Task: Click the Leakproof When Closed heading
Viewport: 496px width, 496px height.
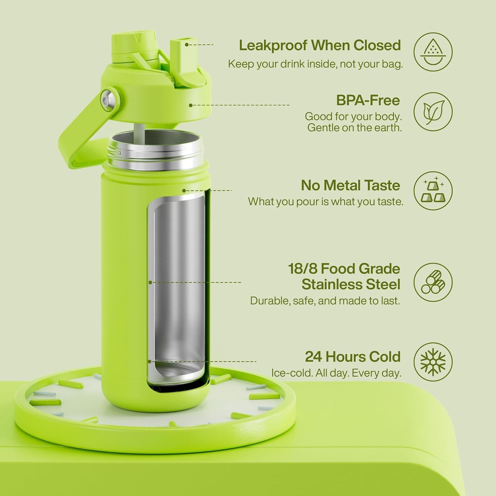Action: coord(320,46)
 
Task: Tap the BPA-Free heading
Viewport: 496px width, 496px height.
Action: coord(368,100)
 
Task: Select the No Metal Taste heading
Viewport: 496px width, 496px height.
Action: coord(350,185)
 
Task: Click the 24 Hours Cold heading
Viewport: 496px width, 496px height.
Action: coord(353,357)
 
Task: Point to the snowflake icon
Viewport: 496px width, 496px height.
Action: coord(433,362)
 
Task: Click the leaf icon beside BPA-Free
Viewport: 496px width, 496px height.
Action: coord(433,112)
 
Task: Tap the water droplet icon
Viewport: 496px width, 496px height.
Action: coord(433,52)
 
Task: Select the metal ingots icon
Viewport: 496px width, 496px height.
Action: coord(433,191)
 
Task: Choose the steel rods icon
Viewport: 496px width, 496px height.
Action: coord(433,282)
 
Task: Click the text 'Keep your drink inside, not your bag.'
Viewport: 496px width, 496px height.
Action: coord(315,64)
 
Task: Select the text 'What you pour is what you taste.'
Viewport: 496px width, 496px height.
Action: coord(326,201)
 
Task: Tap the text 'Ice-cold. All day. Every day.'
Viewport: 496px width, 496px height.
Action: coord(336,373)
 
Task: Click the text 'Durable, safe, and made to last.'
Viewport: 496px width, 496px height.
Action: coord(325,301)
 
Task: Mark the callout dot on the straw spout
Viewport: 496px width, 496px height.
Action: coord(187,45)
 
